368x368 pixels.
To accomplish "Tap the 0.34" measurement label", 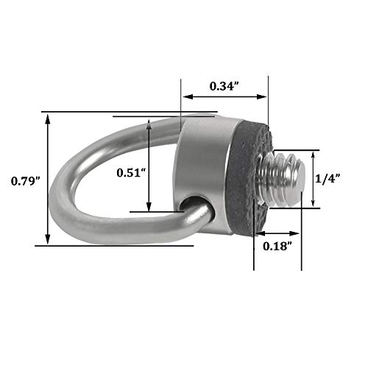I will [224, 86].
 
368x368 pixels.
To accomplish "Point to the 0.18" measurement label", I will [278, 246].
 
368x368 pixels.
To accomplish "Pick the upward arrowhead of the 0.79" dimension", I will [48, 118].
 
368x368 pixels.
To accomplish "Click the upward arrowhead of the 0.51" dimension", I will [149, 122].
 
